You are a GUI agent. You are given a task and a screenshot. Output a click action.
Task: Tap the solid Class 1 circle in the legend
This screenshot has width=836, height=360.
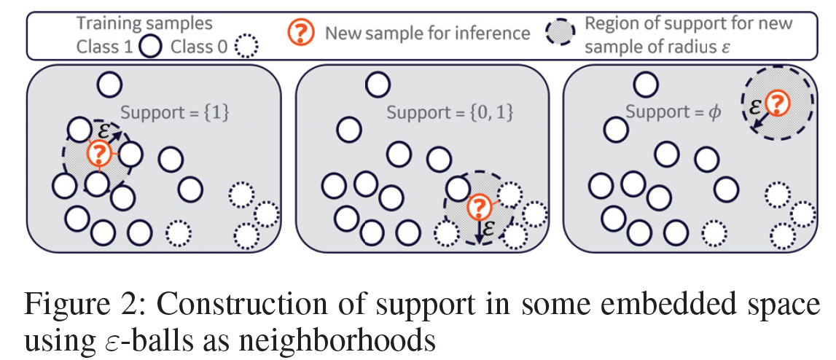149,48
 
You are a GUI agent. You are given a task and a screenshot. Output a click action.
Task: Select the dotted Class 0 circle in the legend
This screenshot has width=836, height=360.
249,48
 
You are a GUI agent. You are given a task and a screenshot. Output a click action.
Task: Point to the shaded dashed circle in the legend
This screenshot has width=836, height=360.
559,33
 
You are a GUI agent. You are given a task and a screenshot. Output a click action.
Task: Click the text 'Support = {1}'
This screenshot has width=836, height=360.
174,113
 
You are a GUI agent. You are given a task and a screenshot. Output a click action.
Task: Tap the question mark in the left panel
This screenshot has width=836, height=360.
98,153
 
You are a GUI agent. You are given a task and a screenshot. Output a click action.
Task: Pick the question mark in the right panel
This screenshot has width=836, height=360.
778,104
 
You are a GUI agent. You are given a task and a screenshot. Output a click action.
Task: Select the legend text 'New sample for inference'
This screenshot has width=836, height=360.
427,33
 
